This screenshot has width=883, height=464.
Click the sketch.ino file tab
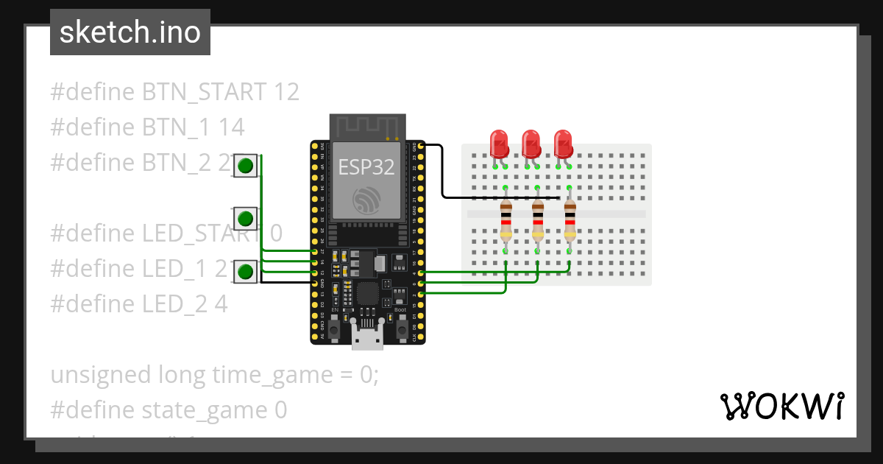pos(130,32)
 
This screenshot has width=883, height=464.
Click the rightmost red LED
pos(564,143)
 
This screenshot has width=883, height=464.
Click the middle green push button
pos(246,219)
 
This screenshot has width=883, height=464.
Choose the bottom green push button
pos(246,272)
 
